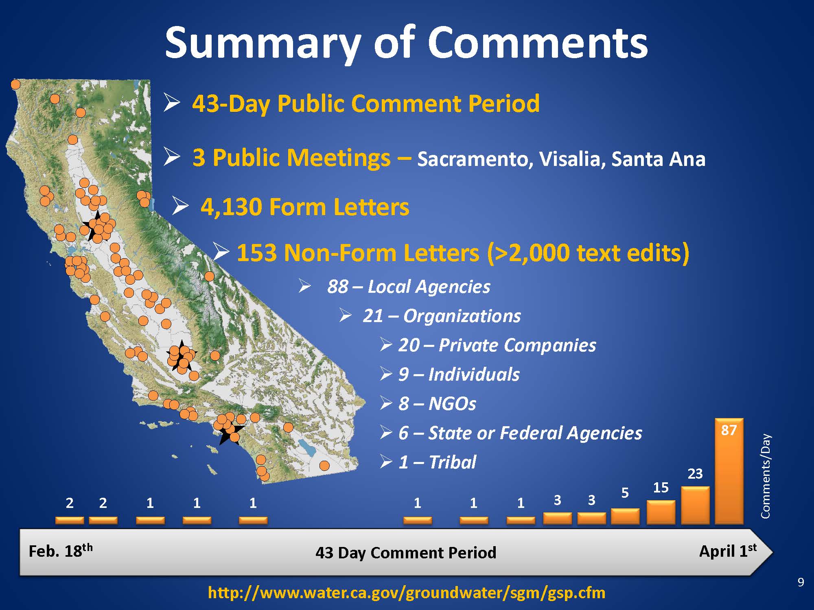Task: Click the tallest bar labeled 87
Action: tap(729, 471)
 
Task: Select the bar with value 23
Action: tap(695, 505)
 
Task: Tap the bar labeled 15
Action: tap(661, 512)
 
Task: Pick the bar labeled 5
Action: tap(625, 516)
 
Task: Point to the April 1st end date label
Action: tap(728, 551)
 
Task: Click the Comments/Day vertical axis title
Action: tap(766, 476)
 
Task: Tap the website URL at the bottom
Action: tap(407, 593)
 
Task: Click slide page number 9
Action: tap(801, 583)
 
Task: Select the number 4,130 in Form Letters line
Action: tap(231, 207)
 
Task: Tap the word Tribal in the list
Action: tap(452, 462)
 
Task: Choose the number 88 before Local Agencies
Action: tap(338, 286)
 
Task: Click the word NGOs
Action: tap(452, 404)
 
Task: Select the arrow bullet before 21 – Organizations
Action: tap(346, 315)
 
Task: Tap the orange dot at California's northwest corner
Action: tap(15, 84)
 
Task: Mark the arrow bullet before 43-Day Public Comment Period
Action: tap(171, 103)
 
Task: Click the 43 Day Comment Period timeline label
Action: tap(406, 553)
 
